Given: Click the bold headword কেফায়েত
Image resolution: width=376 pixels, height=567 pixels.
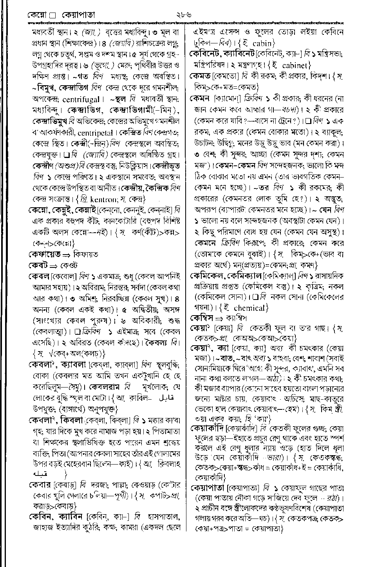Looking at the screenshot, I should (44, 255).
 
